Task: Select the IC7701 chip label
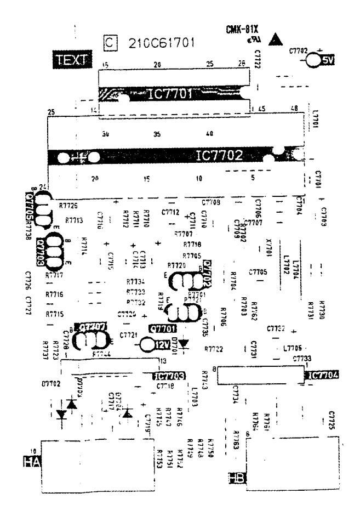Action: [171, 94]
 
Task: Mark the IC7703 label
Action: [168, 376]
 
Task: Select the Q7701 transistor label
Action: [163, 328]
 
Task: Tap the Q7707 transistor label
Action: [92, 327]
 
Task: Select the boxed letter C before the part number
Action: [111, 42]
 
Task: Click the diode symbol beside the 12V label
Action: [184, 344]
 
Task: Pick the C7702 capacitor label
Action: [300, 50]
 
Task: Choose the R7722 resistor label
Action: [214, 349]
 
